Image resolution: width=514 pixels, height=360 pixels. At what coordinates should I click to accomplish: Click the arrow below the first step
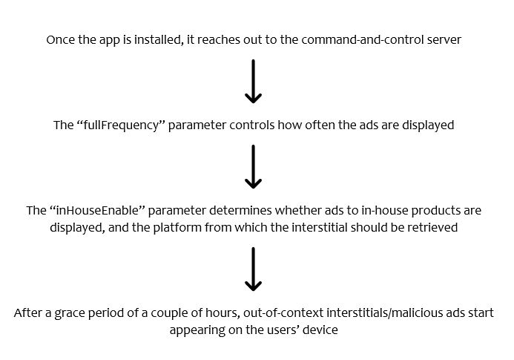pyautogui.click(x=253, y=82)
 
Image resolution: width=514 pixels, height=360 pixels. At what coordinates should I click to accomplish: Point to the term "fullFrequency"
pyautogui.click(x=122, y=125)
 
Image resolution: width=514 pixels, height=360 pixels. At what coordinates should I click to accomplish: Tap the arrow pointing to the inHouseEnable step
pyautogui.click(x=253, y=167)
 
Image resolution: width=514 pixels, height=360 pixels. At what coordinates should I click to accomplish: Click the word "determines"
pyautogui.click(x=240, y=210)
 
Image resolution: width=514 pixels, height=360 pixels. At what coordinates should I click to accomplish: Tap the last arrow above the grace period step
pyautogui.click(x=253, y=269)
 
